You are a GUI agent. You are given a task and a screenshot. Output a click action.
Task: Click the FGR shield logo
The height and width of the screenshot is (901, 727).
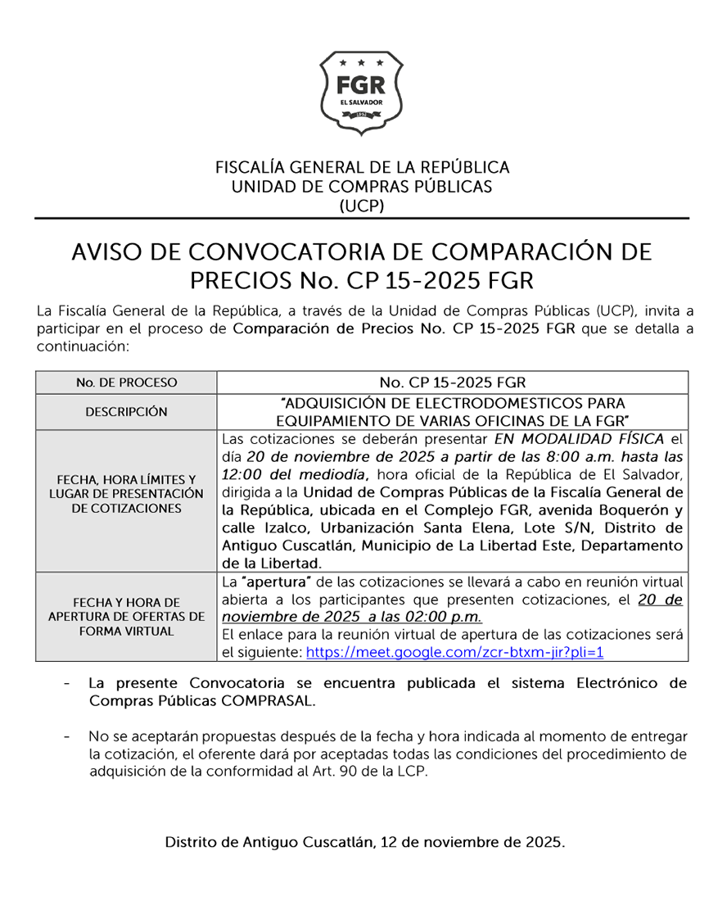[x=361, y=93]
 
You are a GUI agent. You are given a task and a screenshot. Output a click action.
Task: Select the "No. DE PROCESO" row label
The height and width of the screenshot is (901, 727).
[x=126, y=383]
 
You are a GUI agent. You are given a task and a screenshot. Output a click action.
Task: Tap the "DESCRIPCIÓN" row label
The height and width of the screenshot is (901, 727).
[x=126, y=412]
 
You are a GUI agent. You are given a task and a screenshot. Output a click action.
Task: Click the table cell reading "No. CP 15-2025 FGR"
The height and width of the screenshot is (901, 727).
[x=452, y=383]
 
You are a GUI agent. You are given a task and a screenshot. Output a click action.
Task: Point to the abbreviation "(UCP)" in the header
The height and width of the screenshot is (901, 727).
[x=361, y=206]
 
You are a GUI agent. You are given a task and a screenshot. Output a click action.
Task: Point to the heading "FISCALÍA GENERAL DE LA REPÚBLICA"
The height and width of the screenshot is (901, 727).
[x=362, y=167]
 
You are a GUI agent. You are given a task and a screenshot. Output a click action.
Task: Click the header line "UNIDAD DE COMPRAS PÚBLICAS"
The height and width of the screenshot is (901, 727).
[x=362, y=187]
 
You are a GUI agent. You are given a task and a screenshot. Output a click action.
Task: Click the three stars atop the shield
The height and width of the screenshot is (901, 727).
[x=361, y=62]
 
